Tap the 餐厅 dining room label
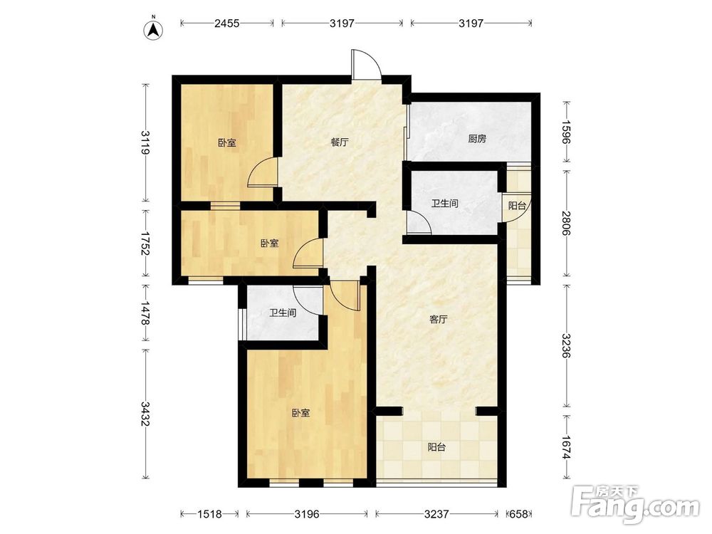point(340,142)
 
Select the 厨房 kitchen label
point(477,139)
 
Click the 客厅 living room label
point(438,320)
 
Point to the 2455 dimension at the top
point(227,23)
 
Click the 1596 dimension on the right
point(566,132)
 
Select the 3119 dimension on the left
point(145,142)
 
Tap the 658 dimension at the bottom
point(518,514)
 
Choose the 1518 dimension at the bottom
point(210,514)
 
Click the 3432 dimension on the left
point(145,414)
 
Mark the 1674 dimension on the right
point(566,447)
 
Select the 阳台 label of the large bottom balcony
point(436,447)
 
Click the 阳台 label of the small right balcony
point(517,206)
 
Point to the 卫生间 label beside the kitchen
point(444,204)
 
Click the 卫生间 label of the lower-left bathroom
point(283,313)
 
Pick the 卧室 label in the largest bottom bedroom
point(300,413)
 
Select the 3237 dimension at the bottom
point(436,514)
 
